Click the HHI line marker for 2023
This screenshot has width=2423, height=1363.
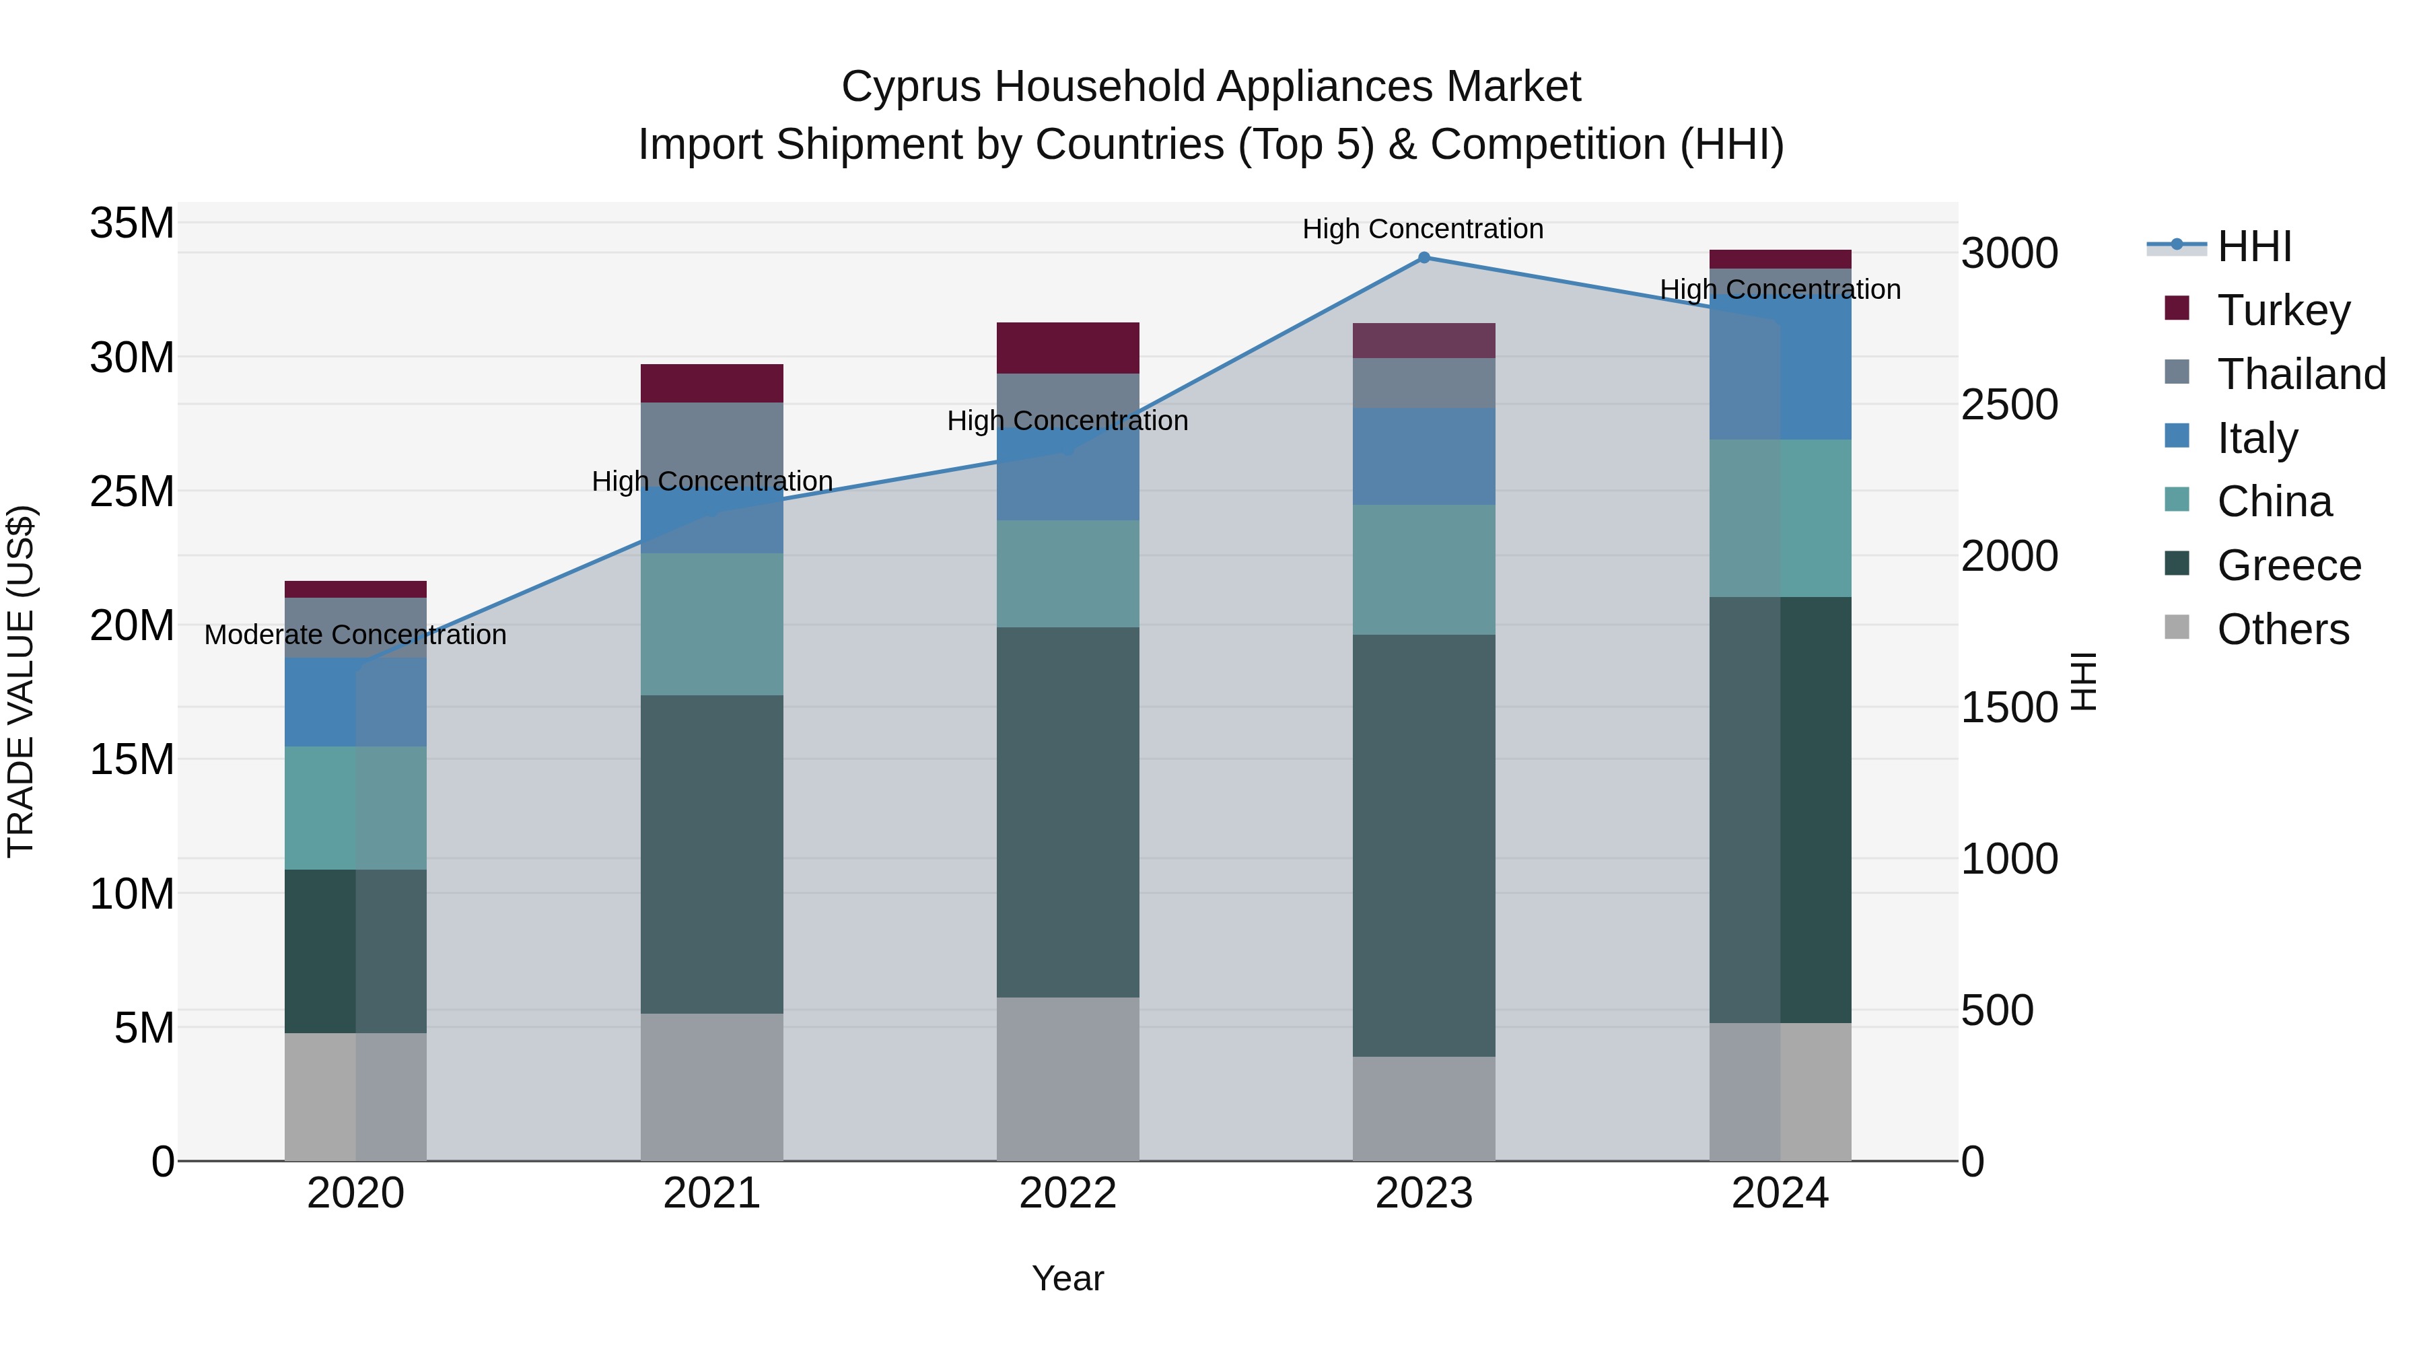[1423, 258]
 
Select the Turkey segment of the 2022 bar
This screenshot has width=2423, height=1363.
[1067, 348]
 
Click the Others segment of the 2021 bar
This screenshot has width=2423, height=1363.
[711, 1086]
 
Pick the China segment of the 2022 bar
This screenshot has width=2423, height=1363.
[1067, 573]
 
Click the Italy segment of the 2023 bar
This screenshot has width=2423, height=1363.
[1423, 456]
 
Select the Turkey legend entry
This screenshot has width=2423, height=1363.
[2283, 310]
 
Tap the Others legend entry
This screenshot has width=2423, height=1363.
[2283, 629]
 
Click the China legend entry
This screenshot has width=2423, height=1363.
[2274, 501]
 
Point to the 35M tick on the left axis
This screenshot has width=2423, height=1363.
[132, 224]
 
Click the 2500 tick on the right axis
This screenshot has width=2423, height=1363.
[2009, 405]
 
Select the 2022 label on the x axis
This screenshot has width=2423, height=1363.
[1067, 1193]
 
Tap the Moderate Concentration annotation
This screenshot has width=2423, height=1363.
[355, 635]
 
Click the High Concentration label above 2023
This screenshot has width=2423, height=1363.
[1422, 229]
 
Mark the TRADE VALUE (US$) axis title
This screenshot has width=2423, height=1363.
[21, 681]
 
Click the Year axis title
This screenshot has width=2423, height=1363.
[1067, 1278]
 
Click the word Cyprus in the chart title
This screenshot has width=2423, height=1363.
[911, 87]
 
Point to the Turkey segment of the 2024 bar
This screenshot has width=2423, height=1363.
[1780, 258]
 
